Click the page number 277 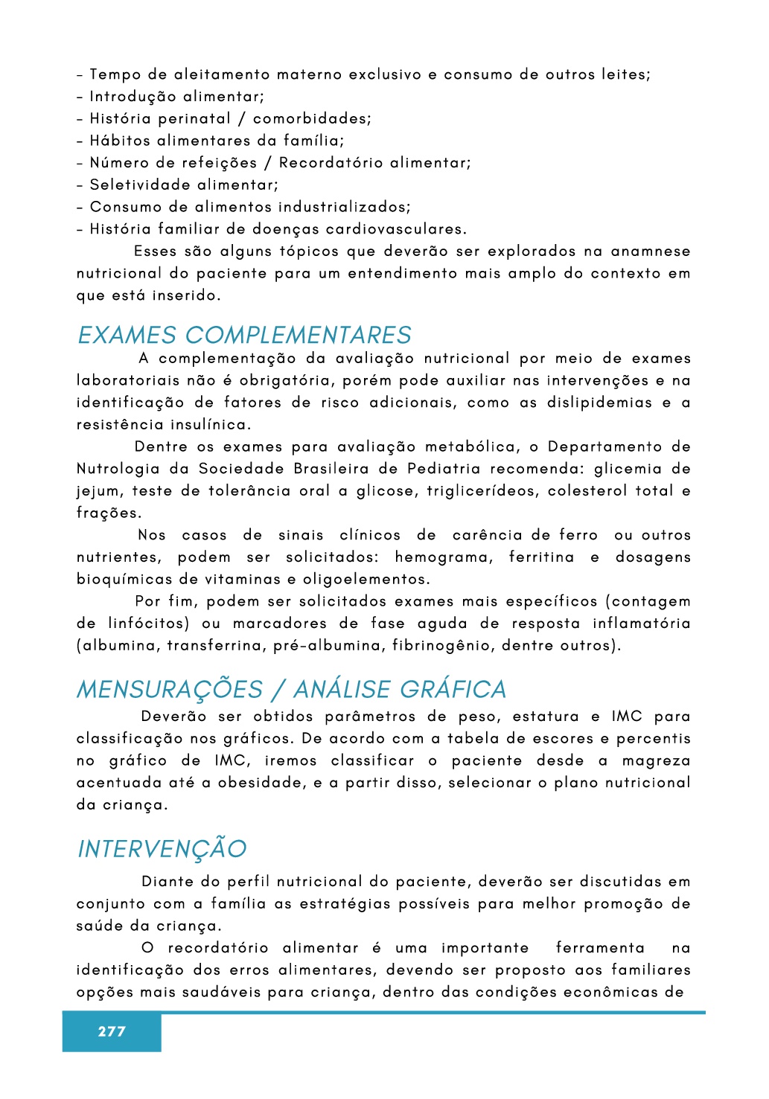[x=112, y=1031]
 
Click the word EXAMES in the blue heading [x=127, y=336]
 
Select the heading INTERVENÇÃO [x=162, y=849]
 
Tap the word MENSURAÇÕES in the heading [x=170, y=690]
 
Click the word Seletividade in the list [x=130, y=185]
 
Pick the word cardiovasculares [x=396, y=229]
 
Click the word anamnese [x=651, y=251]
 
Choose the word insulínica [x=211, y=425]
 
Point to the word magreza [x=656, y=760]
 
